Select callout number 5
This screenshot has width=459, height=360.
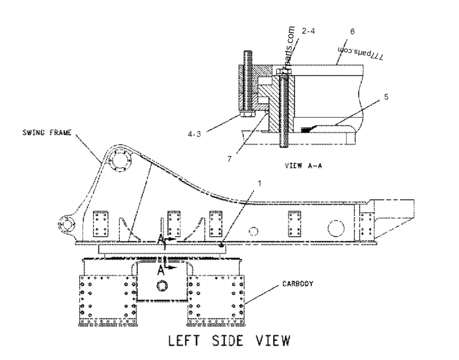click(x=386, y=97)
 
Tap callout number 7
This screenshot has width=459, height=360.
click(x=229, y=158)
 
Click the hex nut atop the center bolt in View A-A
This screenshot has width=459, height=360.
click(x=284, y=71)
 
